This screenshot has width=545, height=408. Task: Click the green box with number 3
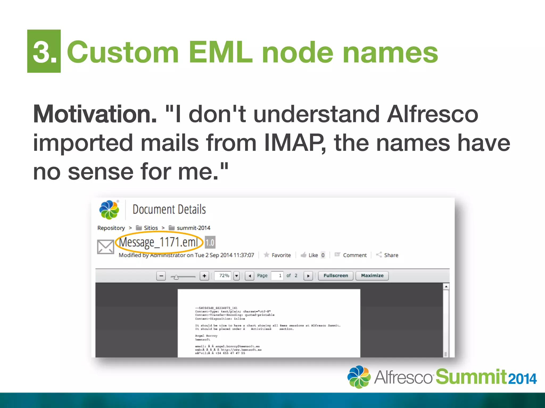[44, 51]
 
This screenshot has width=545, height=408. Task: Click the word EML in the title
[220, 52]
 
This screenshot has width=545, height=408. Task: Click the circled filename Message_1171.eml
[159, 242]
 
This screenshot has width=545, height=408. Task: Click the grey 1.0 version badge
[210, 242]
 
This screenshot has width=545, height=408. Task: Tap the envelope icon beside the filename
[105, 247]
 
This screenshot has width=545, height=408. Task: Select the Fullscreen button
[336, 276]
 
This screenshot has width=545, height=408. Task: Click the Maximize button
[372, 276]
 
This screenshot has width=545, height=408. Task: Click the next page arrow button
[308, 276]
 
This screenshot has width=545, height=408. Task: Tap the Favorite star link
[277, 255]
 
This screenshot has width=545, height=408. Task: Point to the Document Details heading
[169, 210]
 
